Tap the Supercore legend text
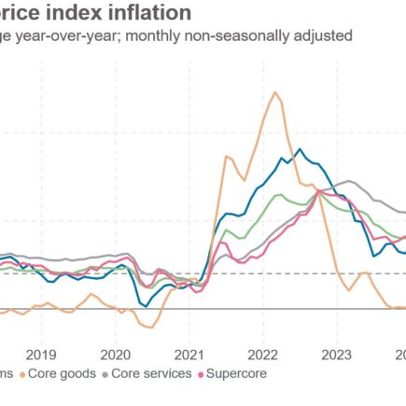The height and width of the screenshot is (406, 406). tap(238, 373)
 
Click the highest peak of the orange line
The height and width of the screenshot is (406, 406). tap(275, 91)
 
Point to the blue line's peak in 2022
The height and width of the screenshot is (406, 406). tap(299, 149)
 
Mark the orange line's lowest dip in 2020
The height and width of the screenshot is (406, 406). tap(146, 327)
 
